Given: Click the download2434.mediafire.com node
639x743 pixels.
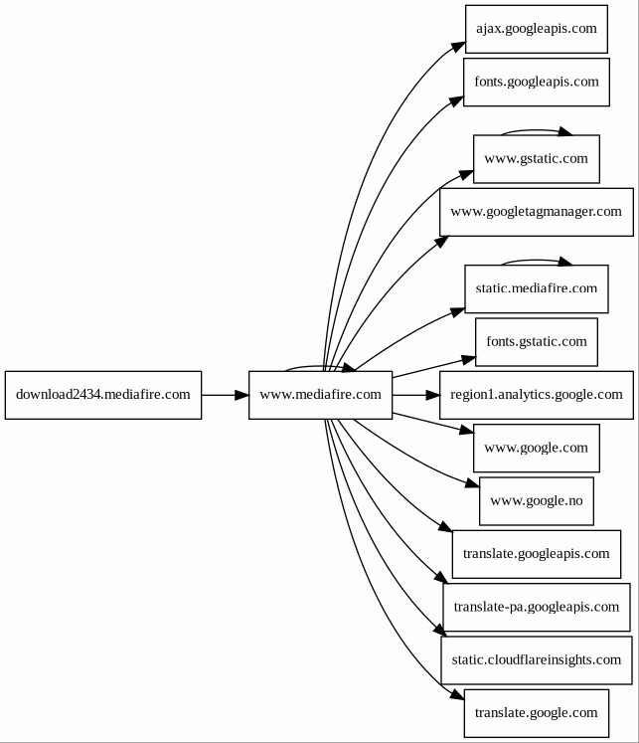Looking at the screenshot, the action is pos(103,395).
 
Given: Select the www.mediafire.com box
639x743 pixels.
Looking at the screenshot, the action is pos(320,395).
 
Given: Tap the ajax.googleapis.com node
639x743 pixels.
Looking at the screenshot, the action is pos(537,30).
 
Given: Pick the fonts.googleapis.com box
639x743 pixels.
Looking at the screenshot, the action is pos(537,83).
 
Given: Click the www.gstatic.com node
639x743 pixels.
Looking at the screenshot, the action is pos(537,159).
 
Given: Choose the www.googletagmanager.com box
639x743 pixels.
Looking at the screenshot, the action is pos(537,212).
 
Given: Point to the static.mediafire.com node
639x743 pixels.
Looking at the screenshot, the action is pos(537,289).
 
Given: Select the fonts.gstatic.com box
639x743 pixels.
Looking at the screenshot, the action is pos(537,342).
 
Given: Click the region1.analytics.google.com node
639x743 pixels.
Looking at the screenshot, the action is pos(537,395).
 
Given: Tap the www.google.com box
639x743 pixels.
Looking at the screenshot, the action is pos(537,449).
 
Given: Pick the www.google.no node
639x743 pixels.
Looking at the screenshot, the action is pos(537,501).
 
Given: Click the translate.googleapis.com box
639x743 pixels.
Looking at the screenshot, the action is pos(537,554).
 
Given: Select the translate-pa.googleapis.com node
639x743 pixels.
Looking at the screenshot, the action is pos(537,608).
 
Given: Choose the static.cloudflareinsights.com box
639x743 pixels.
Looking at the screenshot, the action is pos(537,660).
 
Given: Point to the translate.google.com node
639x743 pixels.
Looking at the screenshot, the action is pos(537,713).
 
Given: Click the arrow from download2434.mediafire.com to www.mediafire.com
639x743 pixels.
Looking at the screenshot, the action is pos(226,395).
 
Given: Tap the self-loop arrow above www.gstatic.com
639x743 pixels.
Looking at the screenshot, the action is pos(537,130).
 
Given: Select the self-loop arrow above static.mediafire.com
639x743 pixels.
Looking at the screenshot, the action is pos(537,260).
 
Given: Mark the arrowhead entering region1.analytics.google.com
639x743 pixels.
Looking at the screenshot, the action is pos(432,395).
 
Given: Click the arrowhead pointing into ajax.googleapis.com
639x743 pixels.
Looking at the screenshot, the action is pos(458,47).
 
